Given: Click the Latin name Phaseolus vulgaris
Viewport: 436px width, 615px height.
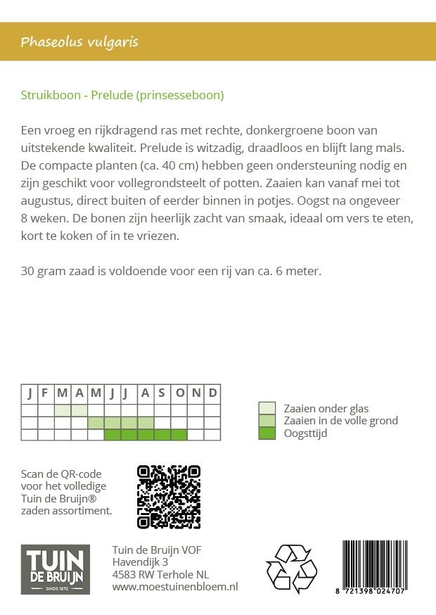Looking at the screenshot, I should click(79, 42).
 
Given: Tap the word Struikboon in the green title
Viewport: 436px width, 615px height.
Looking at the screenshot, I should click(50, 95).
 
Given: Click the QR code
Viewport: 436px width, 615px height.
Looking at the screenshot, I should click(169, 497).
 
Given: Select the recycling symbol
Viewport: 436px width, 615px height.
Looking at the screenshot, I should click(291, 569).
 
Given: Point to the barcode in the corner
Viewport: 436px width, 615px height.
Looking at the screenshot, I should click(384, 565).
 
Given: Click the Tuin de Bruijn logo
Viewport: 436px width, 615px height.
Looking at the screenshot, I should click(56, 569).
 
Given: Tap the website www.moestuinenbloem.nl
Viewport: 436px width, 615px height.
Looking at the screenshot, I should click(175, 586).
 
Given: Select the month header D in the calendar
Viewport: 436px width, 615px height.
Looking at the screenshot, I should click(212, 393).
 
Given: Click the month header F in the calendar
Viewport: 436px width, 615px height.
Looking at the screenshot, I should click(46, 393).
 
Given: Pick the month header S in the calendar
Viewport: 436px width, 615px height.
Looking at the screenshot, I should click(162, 393).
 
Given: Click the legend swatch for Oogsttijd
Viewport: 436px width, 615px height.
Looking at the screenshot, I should click(267, 433).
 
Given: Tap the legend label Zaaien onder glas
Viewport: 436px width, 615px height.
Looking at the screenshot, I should click(326, 408).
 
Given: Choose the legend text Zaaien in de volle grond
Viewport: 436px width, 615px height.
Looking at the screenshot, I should click(340, 421).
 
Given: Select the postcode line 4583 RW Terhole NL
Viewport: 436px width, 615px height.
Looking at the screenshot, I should click(160, 574).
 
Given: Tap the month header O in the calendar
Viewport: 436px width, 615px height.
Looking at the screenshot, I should click(179, 393).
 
